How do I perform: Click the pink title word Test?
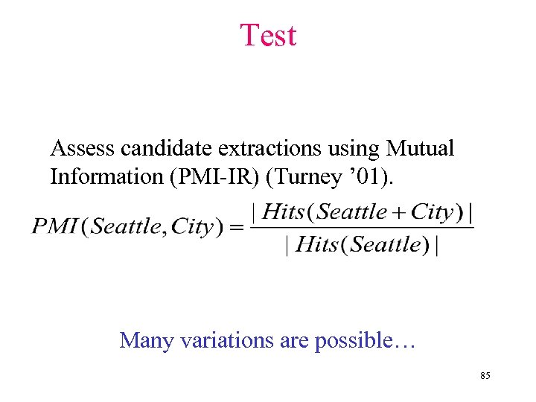coord(268,35)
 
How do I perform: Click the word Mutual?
coord(420,148)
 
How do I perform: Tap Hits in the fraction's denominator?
coord(319,244)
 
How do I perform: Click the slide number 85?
coord(485,377)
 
